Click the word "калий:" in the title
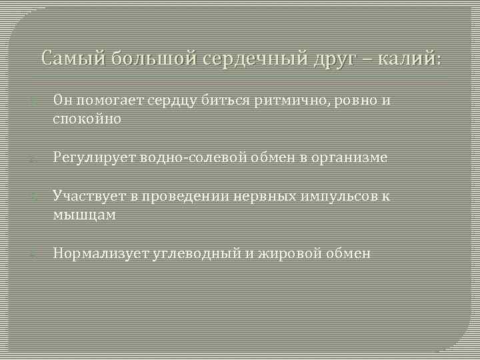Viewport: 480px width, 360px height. coord(409,59)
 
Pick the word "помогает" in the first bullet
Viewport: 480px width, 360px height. coord(103,101)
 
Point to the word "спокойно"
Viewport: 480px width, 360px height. coord(87,119)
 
